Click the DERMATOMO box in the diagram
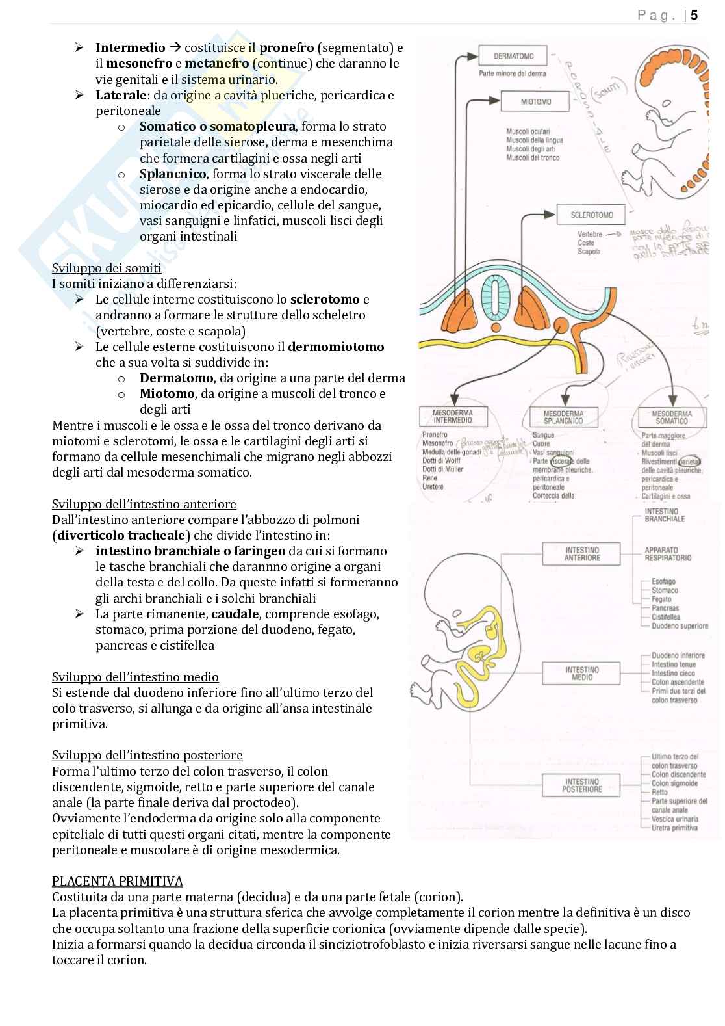tap(513, 56)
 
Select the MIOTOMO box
tap(535, 101)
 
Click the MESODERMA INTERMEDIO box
tap(452, 417)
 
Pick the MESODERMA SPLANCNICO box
tap(563, 417)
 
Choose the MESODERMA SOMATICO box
tap(672, 417)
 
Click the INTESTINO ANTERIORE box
tap(581, 554)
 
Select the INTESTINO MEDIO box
tap(581, 674)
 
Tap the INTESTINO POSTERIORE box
tap(581, 785)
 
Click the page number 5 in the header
tap(694, 16)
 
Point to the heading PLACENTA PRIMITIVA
tap(117, 881)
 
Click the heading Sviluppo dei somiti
tap(107, 268)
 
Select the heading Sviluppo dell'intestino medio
tap(135, 677)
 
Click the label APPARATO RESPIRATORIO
tap(668, 554)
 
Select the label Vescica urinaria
tap(674, 819)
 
